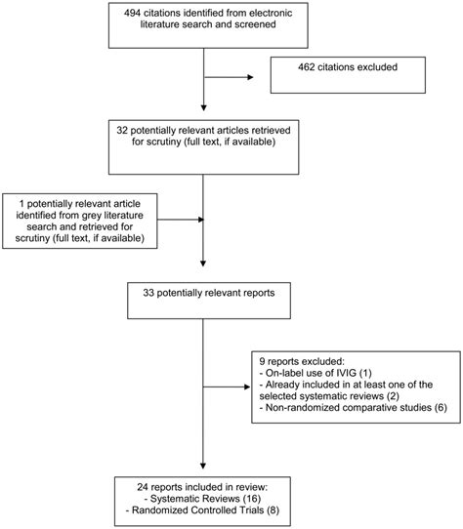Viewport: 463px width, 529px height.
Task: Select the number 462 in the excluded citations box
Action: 307,67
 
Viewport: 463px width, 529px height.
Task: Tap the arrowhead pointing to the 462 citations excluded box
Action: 250,77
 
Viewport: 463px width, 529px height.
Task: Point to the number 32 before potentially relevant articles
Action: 122,130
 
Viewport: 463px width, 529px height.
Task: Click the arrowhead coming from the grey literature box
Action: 201,220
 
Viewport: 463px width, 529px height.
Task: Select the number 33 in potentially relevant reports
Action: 148,293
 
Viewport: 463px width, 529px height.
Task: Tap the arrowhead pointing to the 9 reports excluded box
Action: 247,387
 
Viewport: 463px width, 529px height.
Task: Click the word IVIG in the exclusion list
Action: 347,373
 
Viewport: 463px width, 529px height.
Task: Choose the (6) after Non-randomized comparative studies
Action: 441,408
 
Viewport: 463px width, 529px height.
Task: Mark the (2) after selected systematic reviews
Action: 393,396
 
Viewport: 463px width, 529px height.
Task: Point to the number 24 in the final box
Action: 143,487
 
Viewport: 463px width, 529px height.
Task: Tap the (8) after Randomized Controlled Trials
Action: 273,510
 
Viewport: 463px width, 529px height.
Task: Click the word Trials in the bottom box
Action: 252,510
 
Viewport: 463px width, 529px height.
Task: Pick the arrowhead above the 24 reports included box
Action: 203,466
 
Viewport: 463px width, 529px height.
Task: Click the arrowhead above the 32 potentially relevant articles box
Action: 203,108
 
